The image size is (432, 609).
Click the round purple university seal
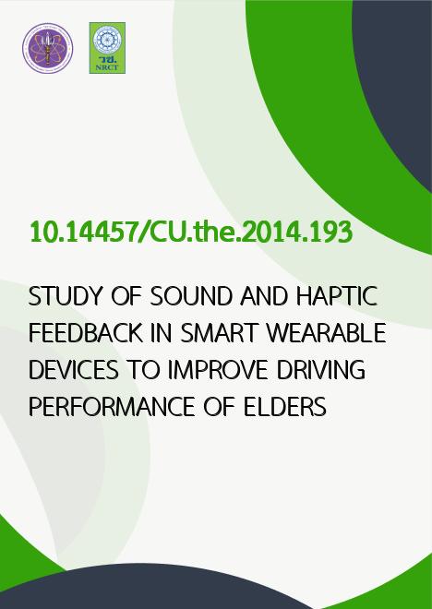pyautogui.click(x=47, y=48)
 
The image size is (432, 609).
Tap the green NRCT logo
pyautogui.click(x=107, y=48)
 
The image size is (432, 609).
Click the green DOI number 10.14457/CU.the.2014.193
pyautogui.click(x=191, y=233)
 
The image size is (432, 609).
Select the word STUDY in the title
pyautogui.click(x=64, y=296)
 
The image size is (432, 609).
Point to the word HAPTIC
pyautogui.click(x=336, y=296)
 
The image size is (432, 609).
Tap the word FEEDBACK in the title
pyautogui.click(x=86, y=333)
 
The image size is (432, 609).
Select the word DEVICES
pyautogui.click(x=74, y=370)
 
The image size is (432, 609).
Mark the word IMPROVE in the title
pyautogui.click(x=218, y=370)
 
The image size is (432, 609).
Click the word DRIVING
pyautogui.click(x=321, y=370)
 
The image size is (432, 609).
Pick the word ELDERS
pyautogui.click(x=285, y=407)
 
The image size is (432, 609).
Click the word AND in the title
pyautogui.click(x=264, y=296)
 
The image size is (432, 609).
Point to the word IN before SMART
pyautogui.click(x=162, y=333)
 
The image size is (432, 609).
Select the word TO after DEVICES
pyautogui.click(x=143, y=370)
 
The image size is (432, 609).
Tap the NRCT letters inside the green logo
pyautogui.click(x=107, y=67)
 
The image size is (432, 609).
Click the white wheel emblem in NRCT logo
pyautogui.click(x=107, y=40)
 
